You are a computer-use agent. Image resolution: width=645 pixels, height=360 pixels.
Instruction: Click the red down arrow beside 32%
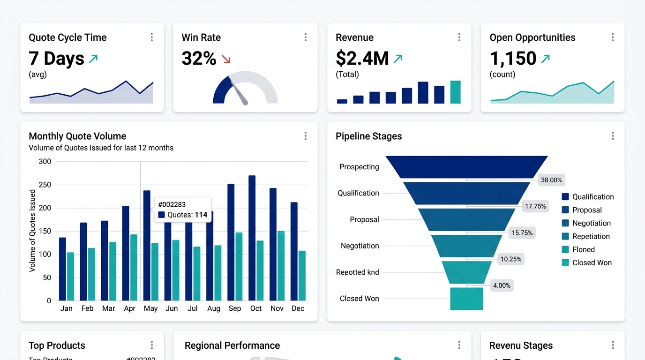(x=226, y=59)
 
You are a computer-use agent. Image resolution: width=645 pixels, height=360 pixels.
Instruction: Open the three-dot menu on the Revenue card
(x=459, y=37)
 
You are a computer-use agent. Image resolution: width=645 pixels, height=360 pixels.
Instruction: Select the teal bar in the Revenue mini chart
(x=455, y=92)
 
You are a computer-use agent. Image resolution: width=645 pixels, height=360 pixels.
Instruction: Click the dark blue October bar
(x=252, y=238)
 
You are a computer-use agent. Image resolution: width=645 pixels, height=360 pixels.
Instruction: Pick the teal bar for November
(x=281, y=265)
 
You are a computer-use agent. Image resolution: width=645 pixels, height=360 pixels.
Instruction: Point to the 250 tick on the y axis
(x=45, y=185)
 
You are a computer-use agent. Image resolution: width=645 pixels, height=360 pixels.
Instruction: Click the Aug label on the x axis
(x=214, y=308)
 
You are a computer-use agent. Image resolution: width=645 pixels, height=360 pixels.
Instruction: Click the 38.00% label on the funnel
(x=551, y=180)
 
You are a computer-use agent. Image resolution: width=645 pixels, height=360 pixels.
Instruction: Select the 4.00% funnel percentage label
(x=502, y=285)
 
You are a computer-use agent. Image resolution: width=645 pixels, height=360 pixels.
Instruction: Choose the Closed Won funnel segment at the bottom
(x=466, y=299)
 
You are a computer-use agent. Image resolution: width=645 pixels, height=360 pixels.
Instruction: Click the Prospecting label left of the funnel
(x=359, y=167)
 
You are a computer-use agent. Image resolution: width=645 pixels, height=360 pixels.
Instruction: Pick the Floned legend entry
(x=583, y=249)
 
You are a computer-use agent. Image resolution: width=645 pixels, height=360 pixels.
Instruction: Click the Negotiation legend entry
(x=591, y=223)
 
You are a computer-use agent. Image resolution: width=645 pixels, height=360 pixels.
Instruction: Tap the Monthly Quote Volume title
(x=77, y=136)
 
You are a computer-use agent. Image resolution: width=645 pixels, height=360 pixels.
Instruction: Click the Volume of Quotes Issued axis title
(x=32, y=231)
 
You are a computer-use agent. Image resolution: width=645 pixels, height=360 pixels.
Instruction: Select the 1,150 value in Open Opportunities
(x=513, y=59)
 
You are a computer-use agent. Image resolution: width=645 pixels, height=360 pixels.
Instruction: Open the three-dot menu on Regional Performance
(x=459, y=345)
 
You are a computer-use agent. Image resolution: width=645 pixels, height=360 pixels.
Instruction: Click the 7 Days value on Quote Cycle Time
(x=56, y=59)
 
